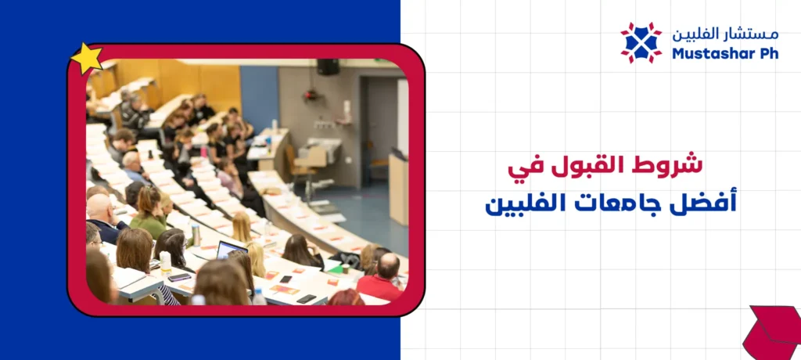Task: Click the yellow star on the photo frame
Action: pyautogui.click(x=86, y=59)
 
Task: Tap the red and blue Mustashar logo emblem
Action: pyautogui.click(x=641, y=42)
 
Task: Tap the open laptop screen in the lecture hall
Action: pyautogui.click(x=232, y=250)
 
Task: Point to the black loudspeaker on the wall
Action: pyautogui.click(x=328, y=67)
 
